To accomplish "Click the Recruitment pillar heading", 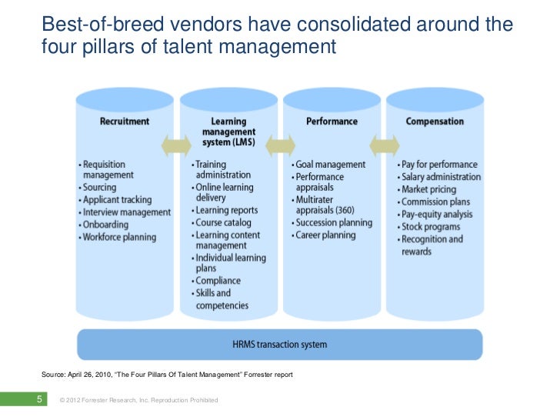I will point(125,121).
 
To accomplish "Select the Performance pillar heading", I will point(332,121).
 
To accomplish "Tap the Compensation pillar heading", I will point(435,121).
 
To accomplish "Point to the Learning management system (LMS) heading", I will point(228,132).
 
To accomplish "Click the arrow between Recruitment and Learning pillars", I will point(176,145).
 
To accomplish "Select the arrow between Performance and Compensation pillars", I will point(385,145).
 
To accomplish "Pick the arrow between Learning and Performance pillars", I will point(281,145).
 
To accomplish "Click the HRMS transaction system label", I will point(279,344).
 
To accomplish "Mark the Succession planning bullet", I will point(332,223).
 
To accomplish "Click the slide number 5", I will point(38,399).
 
